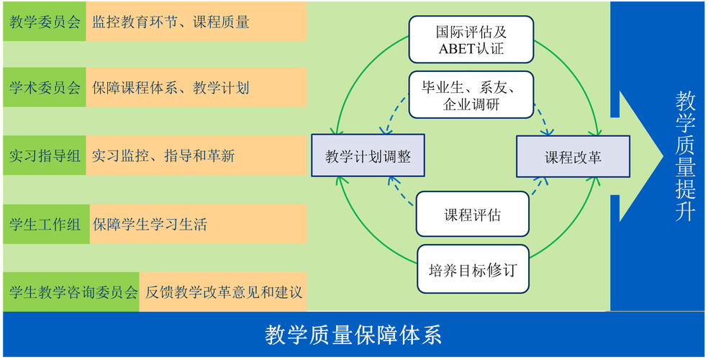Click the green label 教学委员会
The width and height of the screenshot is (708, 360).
[x=43, y=22]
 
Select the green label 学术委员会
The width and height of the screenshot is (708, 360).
[x=43, y=89]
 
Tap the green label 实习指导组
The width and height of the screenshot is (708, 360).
[x=43, y=156]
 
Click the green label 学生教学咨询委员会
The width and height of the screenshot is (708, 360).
[x=71, y=292]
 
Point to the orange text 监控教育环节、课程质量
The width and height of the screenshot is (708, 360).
[x=171, y=22]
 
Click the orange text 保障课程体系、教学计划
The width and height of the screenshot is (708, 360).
[x=171, y=89]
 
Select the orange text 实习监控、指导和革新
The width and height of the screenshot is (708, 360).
[x=164, y=156]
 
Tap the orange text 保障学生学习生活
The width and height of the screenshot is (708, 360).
[x=150, y=224]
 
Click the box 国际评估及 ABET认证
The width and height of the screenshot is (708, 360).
[x=471, y=40]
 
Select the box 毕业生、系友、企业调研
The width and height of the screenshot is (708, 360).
[x=471, y=95]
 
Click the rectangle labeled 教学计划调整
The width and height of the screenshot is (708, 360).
[x=368, y=156]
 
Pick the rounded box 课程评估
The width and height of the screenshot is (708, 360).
[x=473, y=215]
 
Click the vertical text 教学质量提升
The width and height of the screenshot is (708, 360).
[x=684, y=155]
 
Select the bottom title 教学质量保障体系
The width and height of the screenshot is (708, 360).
[x=353, y=335]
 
